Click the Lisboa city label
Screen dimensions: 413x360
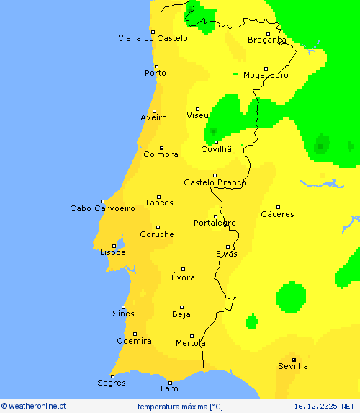(x=113, y=253)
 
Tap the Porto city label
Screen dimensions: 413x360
(x=155, y=73)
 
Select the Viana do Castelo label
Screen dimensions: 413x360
(x=153, y=38)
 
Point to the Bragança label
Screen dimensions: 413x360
(x=266, y=40)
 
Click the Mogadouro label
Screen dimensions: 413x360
(x=266, y=75)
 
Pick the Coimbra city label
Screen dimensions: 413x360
(x=161, y=154)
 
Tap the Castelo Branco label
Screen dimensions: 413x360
(x=215, y=182)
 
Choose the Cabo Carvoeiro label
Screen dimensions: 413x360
(x=102, y=208)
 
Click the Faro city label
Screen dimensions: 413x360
(x=169, y=388)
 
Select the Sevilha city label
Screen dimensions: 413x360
(x=292, y=366)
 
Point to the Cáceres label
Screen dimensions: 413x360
(x=277, y=214)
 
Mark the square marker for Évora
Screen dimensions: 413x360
(x=183, y=269)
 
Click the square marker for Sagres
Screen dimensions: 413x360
(x=112, y=376)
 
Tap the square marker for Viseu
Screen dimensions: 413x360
(x=197, y=108)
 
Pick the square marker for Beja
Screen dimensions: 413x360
(x=181, y=306)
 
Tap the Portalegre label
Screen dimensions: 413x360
(x=215, y=223)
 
